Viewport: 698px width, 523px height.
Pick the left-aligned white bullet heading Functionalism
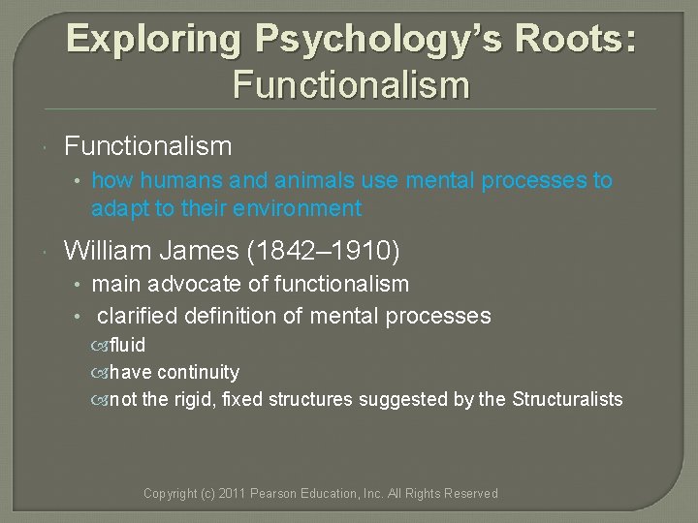point(147,146)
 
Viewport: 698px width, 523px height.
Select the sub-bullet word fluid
point(127,345)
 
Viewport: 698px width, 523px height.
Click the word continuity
point(198,372)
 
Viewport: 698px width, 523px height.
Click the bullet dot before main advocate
point(80,285)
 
